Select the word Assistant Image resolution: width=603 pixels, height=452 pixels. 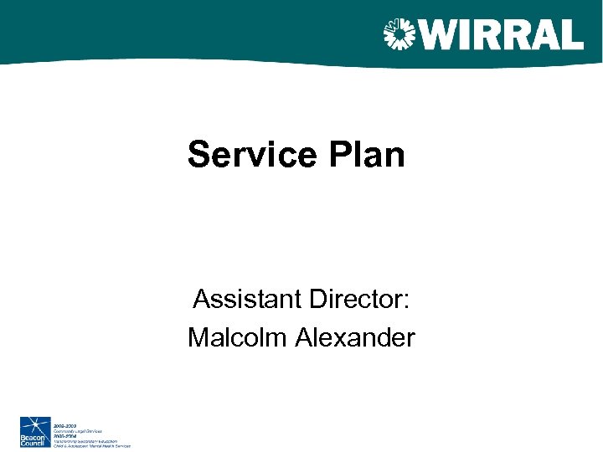coord(249,298)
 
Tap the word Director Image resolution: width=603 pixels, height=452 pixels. coord(360,298)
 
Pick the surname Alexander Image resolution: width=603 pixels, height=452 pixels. coord(354,337)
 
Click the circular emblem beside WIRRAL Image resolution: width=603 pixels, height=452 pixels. coord(399,34)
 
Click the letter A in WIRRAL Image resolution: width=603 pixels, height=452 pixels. coord(541,34)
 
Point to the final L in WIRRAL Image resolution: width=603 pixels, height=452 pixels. coord(571,34)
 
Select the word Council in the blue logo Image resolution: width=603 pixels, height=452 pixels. coord(35,443)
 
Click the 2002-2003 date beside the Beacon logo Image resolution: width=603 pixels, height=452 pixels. coord(65,425)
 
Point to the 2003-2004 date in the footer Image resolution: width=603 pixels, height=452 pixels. coord(65,435)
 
